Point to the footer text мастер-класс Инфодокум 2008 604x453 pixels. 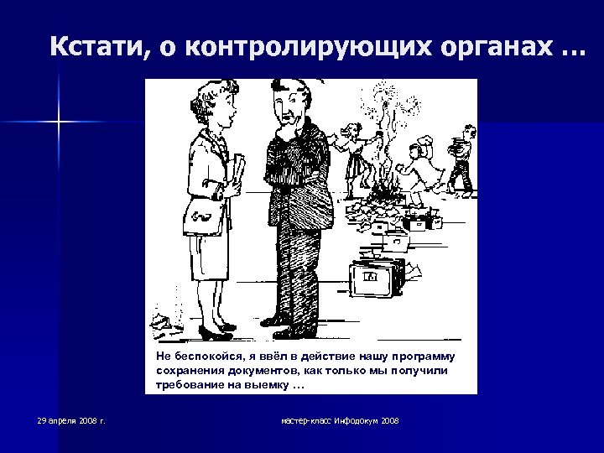[340, 419]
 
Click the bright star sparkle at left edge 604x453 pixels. [60, 123]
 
